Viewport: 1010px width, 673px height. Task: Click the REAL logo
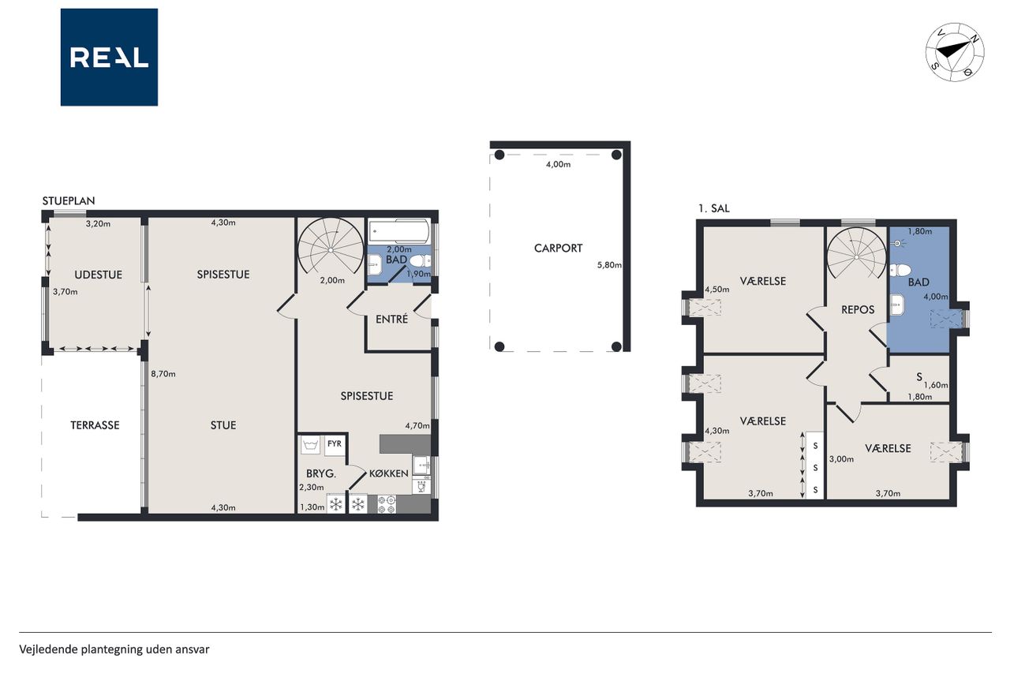click(x=109, y=58)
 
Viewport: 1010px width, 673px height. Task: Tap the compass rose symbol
click(x=955, y=52)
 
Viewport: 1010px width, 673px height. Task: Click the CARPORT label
click(x=558, y=248)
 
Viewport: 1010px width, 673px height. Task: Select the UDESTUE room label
click(x=99, y=275)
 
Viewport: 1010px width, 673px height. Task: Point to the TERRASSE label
click(x=95, y=425)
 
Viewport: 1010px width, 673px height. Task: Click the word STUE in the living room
click(x=223, y=425)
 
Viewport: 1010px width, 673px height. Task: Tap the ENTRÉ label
click(x=392, y=319)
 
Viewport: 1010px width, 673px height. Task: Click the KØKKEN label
click(x=389, y=473)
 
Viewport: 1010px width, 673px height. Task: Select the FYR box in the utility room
click(x=335, y=445)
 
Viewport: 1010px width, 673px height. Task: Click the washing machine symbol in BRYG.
click(x=311, y=445)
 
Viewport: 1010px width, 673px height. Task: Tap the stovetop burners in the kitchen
click(x=387, y=504)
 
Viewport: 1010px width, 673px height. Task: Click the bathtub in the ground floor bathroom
click(x=399, y=232)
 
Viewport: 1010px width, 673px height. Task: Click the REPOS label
click(x=858, y=310)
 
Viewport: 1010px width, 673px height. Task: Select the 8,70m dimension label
click(x=163, y=374)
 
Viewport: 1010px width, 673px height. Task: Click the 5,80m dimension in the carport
click(x=609, y=265)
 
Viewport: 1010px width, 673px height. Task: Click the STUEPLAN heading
click(x=69, y=200)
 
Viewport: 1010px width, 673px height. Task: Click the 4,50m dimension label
click(x=717, y=290)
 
